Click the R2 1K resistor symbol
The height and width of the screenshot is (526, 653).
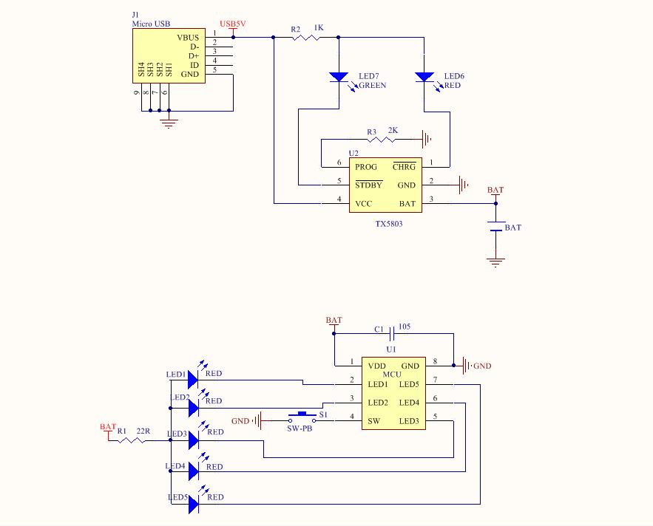[x=305, y=37]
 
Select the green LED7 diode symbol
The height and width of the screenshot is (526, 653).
[x=339, y=76]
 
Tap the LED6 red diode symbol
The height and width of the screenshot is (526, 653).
[x=424, y=76]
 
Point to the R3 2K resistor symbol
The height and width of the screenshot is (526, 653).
[x=382, y=138]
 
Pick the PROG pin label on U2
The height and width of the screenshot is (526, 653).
[x=366, y=167]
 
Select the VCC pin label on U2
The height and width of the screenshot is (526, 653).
[x=364, y=204]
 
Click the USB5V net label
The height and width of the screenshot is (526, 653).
[x=233, y=24]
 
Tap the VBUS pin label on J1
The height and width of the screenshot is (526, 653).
[x=188, y=37]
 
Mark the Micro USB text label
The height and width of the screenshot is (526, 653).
[x=151, y=24]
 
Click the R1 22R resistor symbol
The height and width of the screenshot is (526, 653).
[x=132, y=440]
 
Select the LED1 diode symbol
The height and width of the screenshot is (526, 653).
[x=193, y=380]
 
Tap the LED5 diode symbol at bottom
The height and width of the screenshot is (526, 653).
[x=193, y=504]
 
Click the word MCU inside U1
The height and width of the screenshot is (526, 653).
[x=392, y=375]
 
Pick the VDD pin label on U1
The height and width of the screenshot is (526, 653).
[x=376, y=366]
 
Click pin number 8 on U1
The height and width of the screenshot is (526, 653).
[x=436, y=361]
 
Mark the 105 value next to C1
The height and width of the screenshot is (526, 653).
[x=405, y=326]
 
